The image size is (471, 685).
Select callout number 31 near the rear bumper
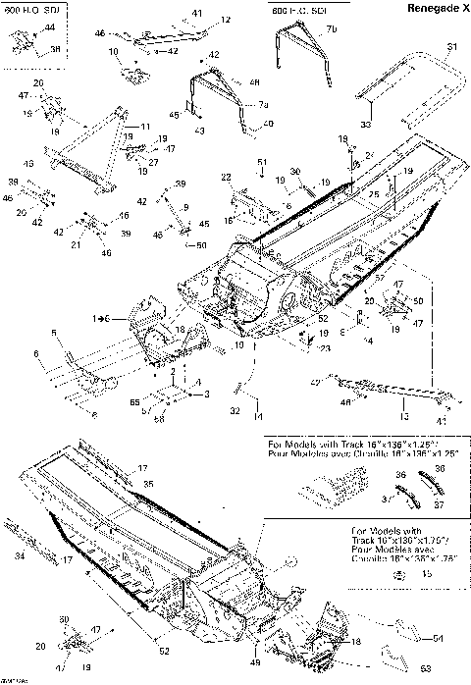pos(451,46)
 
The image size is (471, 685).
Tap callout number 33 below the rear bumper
pos(365,125)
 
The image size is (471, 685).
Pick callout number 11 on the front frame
pos(145,128)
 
